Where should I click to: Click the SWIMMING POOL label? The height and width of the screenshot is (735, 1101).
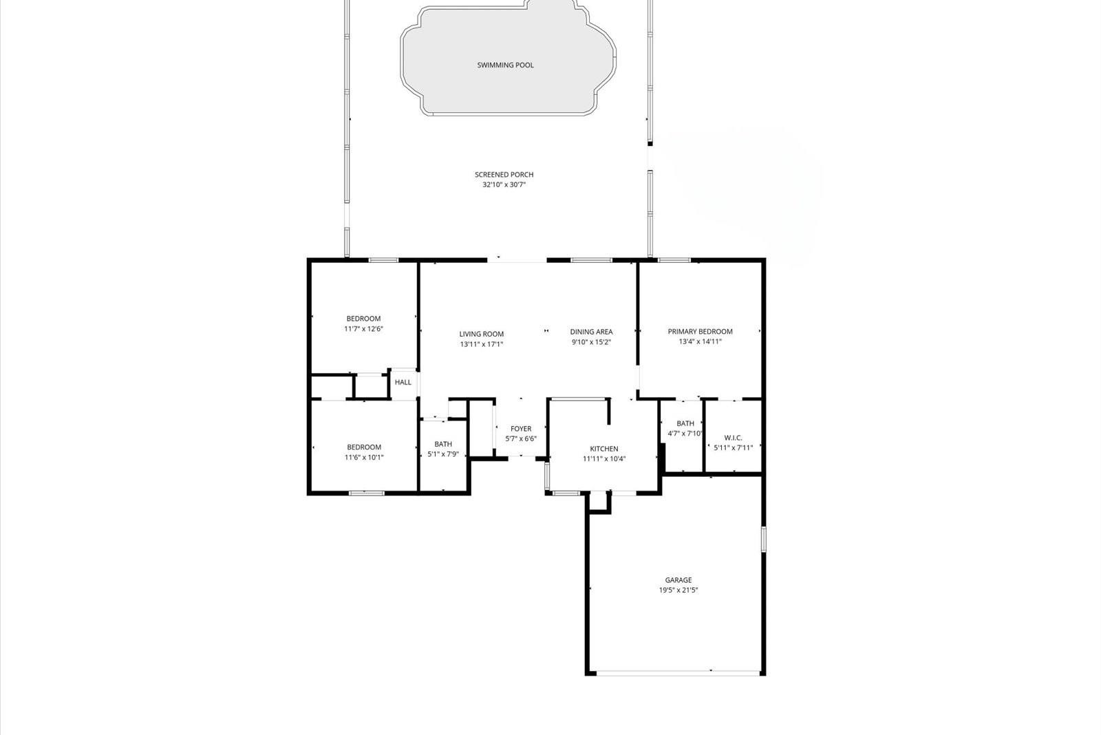click(505, 65)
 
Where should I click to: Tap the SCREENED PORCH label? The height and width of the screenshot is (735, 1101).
click(504, 175)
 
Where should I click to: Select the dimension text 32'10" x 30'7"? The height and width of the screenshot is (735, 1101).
click(504, 184)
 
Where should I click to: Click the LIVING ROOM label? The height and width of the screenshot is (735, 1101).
click(482, 334)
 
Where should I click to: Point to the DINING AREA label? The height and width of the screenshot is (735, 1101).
click(591, 332)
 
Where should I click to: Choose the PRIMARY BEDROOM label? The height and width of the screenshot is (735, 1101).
click(700, 332)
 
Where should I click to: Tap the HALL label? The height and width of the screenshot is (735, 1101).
click(403, 382)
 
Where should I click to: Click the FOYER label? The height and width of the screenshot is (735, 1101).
click(521, 429)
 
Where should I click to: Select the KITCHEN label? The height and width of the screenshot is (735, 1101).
click(604, 449)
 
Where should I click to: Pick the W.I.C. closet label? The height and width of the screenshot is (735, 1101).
click(733, 438)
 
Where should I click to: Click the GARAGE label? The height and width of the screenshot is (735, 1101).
click(678, 580)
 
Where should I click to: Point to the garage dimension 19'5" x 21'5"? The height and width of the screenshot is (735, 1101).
click(678, 590)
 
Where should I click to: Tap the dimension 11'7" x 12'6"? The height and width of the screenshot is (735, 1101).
click(363, 329)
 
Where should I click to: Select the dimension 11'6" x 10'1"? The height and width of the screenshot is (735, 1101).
click(364, 457)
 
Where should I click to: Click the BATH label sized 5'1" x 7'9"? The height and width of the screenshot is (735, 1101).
click(443, 445)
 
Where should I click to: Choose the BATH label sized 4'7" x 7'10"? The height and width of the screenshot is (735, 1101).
click(685, 424)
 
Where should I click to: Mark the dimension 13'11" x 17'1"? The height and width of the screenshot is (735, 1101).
click(482, 344)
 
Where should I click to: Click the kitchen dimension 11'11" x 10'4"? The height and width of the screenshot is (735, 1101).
click(604, 458)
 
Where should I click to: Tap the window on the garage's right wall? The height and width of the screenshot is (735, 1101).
click(762, 539)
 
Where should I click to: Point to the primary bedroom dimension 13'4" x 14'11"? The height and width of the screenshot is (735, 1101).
click(700, 341)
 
